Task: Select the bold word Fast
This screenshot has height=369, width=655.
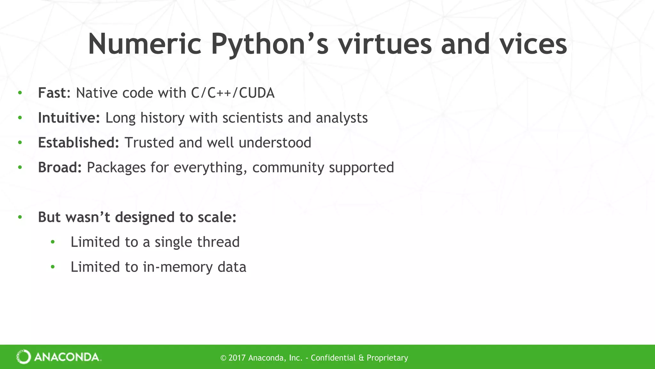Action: (52, 93)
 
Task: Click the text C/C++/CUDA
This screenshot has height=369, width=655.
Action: (233, 93)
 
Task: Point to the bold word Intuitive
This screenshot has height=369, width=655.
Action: (69, 118)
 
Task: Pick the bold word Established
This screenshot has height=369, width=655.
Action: (78, 143)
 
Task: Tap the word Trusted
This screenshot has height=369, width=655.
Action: (149, 143)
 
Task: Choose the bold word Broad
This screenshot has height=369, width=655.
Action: (60, 168)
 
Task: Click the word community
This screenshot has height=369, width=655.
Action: (288, 168)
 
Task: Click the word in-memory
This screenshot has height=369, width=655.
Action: (178, 267)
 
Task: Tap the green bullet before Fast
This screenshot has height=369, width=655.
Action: (20, 93)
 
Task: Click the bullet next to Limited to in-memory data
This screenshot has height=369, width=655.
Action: (53, 267)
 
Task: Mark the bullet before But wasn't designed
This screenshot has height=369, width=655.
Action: (20, 217)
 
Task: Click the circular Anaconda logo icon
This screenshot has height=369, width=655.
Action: (24, 357)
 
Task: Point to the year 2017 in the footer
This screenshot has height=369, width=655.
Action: (237, 358)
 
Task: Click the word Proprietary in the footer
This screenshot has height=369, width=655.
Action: (387, 358)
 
